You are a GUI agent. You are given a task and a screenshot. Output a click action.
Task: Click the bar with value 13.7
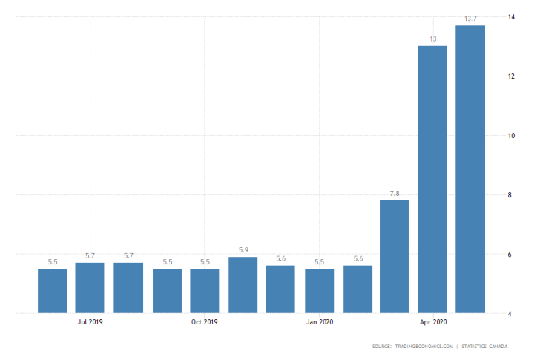[x=470, y=169]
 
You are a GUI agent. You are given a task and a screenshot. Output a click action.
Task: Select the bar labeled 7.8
[x=394, y=257]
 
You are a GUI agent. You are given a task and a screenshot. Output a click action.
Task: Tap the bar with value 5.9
[x=243, y=285]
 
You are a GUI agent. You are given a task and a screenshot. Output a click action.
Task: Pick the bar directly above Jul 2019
[x=90, y=288]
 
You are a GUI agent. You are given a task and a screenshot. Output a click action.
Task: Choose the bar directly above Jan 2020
[x=318, y=291]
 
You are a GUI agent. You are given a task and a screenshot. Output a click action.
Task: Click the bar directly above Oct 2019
[x=205, y=291]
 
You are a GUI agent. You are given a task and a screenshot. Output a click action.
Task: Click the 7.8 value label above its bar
[x=394, y=192]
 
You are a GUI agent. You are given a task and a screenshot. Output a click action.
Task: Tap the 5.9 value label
[x=243, y=249]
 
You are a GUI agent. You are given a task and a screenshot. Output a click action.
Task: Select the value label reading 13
[x=432, y=38]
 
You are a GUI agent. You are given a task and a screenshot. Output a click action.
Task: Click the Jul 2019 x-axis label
[x=90, y=322]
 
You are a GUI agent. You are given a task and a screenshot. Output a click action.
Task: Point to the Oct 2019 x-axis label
[x=205, y=322]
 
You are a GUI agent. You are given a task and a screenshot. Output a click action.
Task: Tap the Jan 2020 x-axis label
[x=319, y=322]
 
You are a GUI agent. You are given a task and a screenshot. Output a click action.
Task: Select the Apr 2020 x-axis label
[x=432, y=322]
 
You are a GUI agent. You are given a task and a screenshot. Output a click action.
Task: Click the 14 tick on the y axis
[x=511, y=16]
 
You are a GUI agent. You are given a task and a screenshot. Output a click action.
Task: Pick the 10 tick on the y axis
[x=511, y=136]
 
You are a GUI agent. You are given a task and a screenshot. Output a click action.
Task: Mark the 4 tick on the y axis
[x=510, y=314]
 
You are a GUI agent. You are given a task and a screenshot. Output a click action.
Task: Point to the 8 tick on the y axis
[x=510, y=195]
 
